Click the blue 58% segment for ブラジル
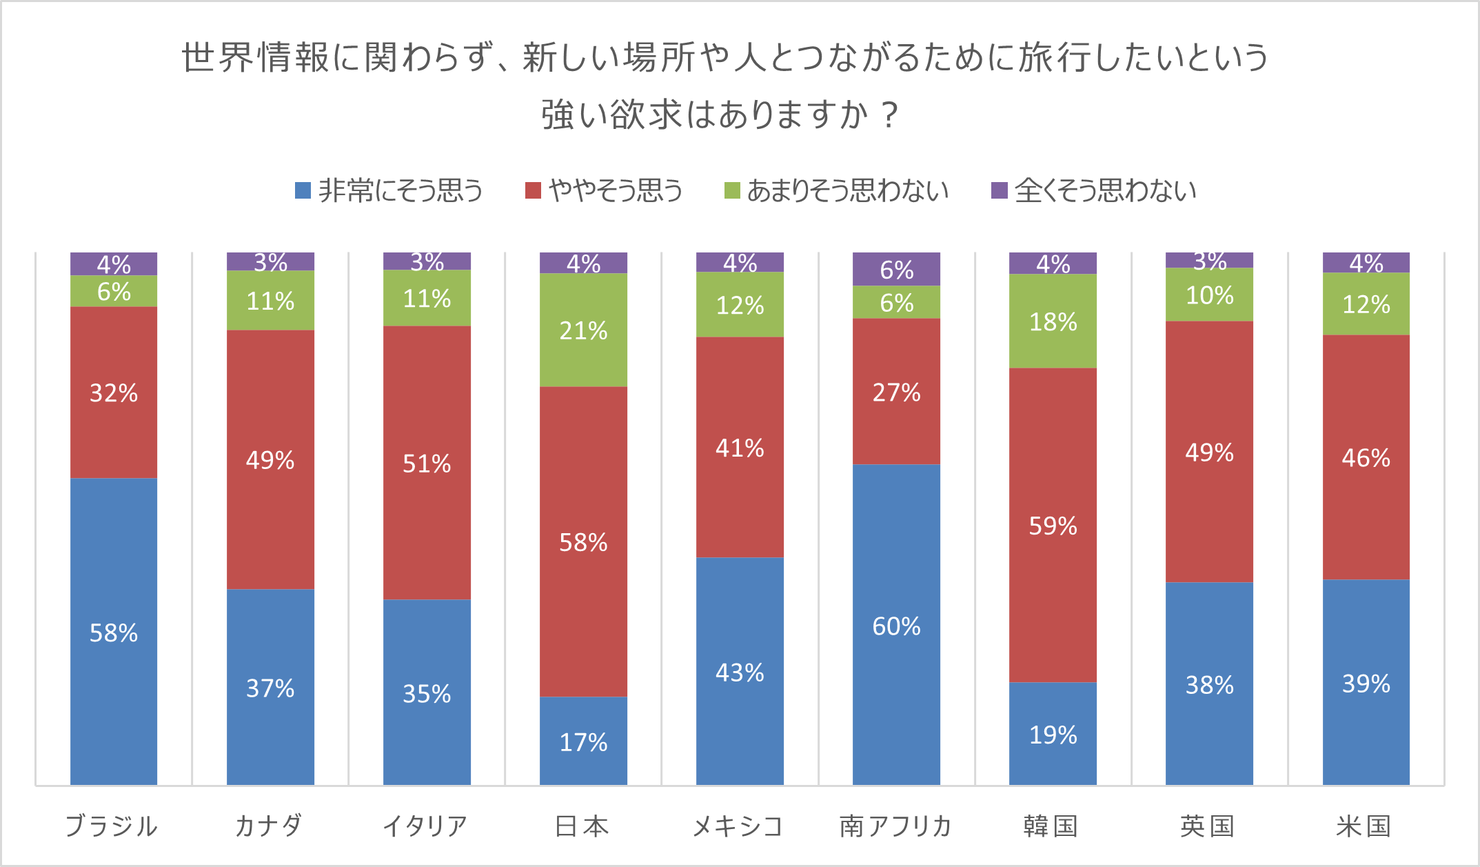point(114,631)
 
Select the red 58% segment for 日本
point(583,541)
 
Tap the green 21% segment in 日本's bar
point(583,330)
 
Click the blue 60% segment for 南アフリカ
point(896,624)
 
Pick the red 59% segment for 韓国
point(1053,525)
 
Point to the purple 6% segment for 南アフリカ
point(896,269)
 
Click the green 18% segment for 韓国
point(1053,321)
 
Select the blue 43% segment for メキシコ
point(740,671)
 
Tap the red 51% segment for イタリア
point(427,462)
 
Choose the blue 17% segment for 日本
point(583,741)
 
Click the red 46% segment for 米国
point(1366,457)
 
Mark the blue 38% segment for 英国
point(1209,684)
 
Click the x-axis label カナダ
point(269,826)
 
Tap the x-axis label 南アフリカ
point(895,826)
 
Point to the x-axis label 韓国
point(1051,826)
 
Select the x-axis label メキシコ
point(738,826)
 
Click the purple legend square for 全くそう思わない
point(999,190)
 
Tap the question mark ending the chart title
point(890,114)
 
